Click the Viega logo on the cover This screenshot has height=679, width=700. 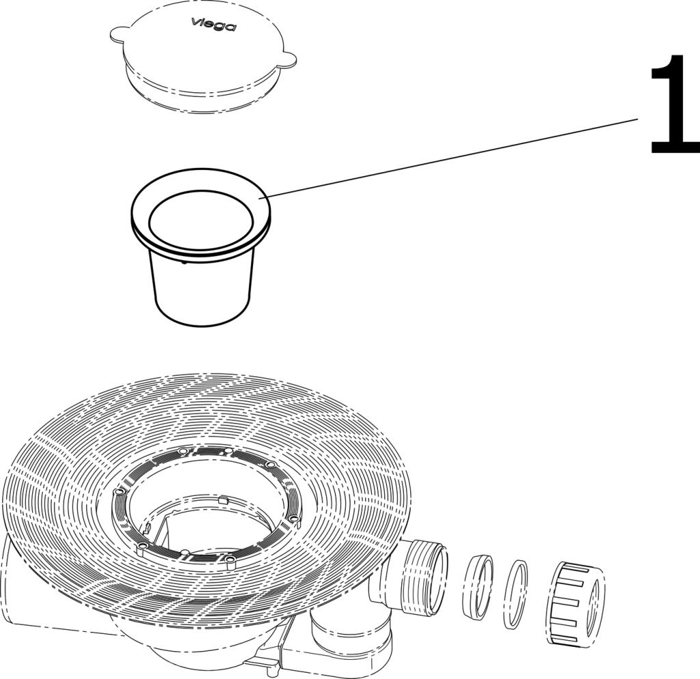(214, 25)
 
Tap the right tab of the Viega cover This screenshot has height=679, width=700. (288, 59)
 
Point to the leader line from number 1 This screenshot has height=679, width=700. (451, 157)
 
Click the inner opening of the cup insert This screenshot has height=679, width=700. (202, 219)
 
